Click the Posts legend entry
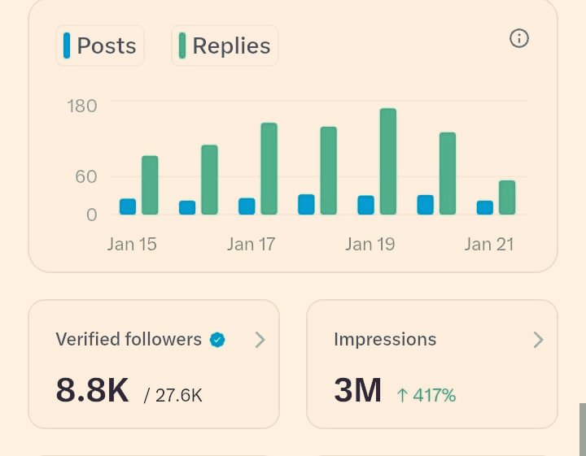pos(100,46)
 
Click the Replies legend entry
pos(225,46)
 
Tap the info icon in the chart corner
pos(518,38)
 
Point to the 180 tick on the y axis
pos(81,106)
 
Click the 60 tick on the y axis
pos(85,176)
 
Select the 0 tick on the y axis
pos(91,215)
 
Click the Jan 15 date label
pos(132,244)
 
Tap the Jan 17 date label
pos(251,244)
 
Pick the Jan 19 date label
pos(370,244)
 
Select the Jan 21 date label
pos(488,244)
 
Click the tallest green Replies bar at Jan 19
pos(387,162)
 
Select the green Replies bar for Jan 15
pos(150,185)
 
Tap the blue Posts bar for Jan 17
pos(247,206)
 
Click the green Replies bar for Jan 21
pos(507,198)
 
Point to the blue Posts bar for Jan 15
pos(128,206)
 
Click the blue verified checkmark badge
pos(217,340)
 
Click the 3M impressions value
pos(357,391)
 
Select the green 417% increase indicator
pos(426,396)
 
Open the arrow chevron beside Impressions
pos(537,340)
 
